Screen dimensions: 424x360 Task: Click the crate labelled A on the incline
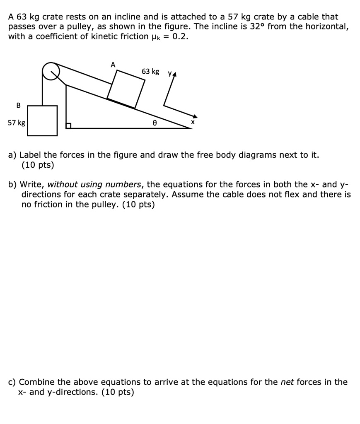tap(126, 89)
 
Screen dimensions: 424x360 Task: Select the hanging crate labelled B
tap(42, 120)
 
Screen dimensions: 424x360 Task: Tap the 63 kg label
tap(150, 72)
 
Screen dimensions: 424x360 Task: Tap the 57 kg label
tap(17, 123)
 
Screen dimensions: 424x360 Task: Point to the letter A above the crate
tap(113, 64)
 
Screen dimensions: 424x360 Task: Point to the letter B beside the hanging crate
tap(18, 105)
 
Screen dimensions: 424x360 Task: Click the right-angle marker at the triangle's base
tap(68, 125)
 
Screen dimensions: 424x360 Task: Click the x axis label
tap(192, 123)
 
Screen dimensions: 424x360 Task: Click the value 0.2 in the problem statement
tap(182, 36)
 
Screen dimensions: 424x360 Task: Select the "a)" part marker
tap(13, 155)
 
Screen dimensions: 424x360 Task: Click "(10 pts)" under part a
tap(38, 165)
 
